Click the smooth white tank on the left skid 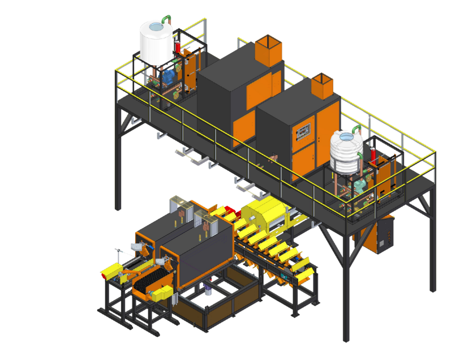coord(156,42)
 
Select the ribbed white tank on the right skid coord(346,151)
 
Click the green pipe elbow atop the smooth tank coord(165,19)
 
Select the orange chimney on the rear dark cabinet coord(268,50)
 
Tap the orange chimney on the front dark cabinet coord(324,85)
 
